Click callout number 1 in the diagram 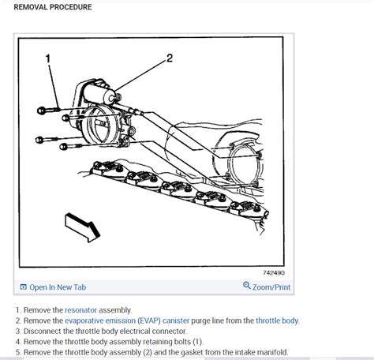(x=47, y=58)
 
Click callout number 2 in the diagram (x=169, y=58)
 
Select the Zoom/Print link (x=272, y=287)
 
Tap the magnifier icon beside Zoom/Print (x=247, y=287)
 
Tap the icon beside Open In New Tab (x=24, y=287)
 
